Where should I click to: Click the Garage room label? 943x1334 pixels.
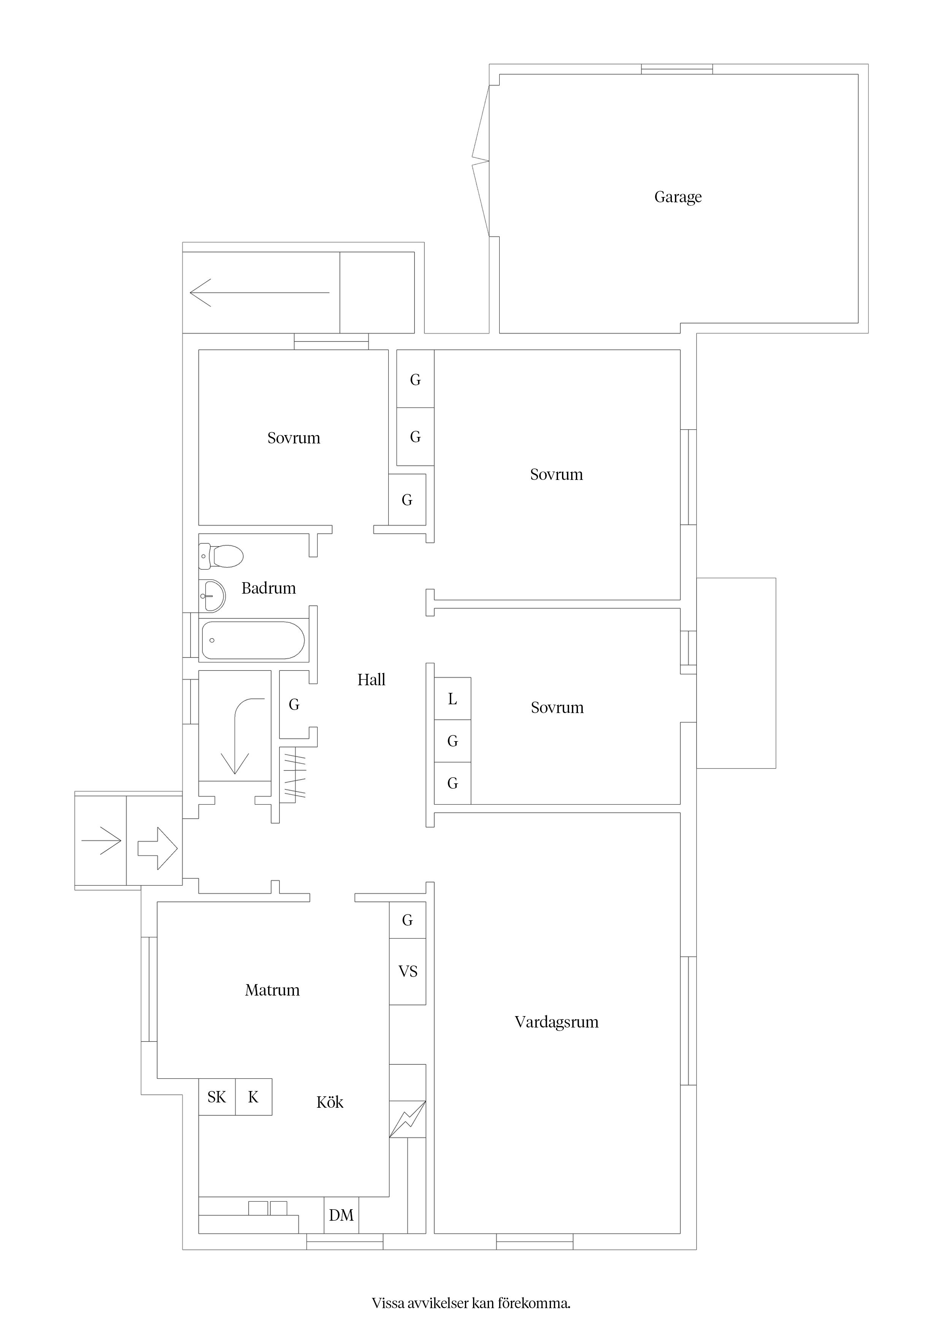click(678, 197)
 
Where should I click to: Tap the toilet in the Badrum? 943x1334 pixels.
click(221, 556)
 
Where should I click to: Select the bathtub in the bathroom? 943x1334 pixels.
click(253, 640)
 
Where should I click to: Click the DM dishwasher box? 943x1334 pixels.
click(341, 1215)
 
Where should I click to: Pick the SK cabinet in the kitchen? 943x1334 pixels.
click(217, 1097)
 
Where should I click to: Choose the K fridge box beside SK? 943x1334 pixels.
click(253, 1097)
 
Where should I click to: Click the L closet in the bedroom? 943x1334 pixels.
click(452, 699)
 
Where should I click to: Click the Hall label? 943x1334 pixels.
click(371, 680)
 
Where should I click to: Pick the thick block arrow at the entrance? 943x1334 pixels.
click(157, 848)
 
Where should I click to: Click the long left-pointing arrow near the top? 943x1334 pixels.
click(260, 292)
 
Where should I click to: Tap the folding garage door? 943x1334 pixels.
click(481, 161)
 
